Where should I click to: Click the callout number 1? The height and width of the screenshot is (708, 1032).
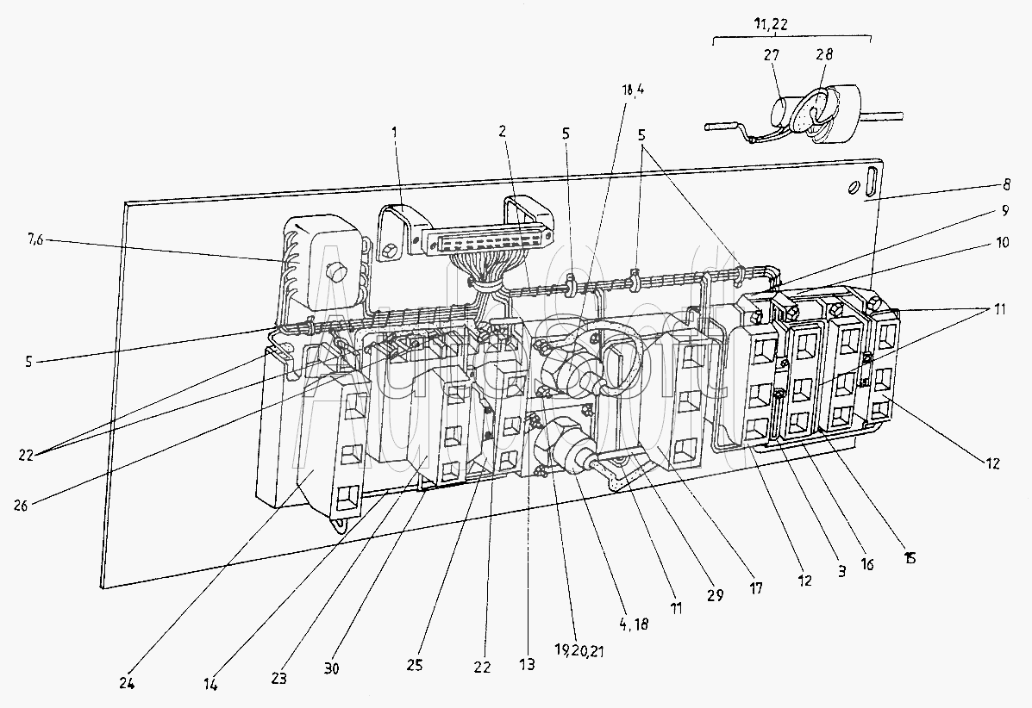[x=396, y=134]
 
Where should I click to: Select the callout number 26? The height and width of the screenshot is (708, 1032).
[x=21, y=506]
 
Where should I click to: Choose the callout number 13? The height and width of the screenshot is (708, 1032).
[x=527, y=664]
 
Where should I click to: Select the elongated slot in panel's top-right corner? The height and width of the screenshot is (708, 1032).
[x=873, y=183]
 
